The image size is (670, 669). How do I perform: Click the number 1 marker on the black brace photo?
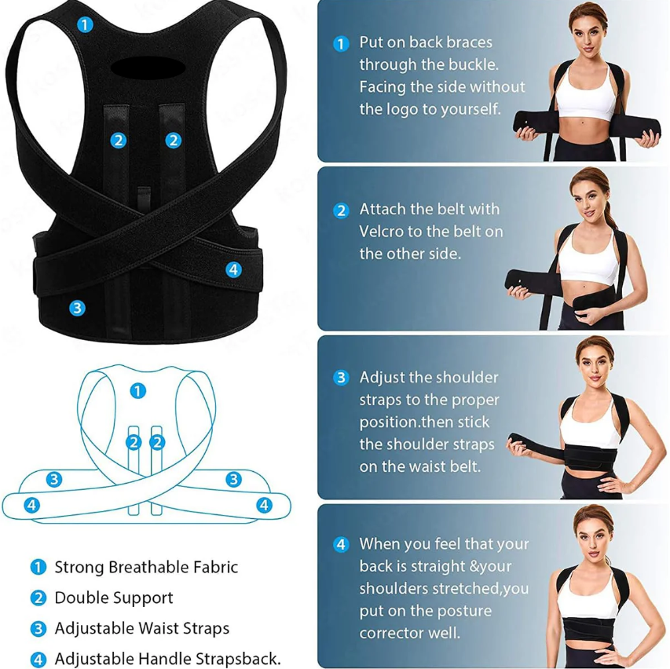pyautogui.click(x=84, y=24)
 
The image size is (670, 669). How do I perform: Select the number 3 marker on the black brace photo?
pyautogui.click(x=76, y=308)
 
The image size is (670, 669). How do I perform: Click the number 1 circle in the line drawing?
pyautogui.click(x=138, y=390)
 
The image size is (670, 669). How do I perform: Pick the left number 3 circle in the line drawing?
pyautogui.click(x=53, y=479)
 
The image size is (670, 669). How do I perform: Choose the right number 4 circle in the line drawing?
pyautogui.click(x=264, y=505)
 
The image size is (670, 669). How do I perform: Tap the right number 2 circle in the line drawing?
pyautogui.click(x=158, y=442)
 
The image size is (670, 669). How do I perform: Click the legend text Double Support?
pyautogui.click(x=114, y=598)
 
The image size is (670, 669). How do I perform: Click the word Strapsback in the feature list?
pyautogui.click(x=236, y=660)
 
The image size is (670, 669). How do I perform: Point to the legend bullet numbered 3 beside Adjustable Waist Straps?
pyautogui.click(x=38, y=629)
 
